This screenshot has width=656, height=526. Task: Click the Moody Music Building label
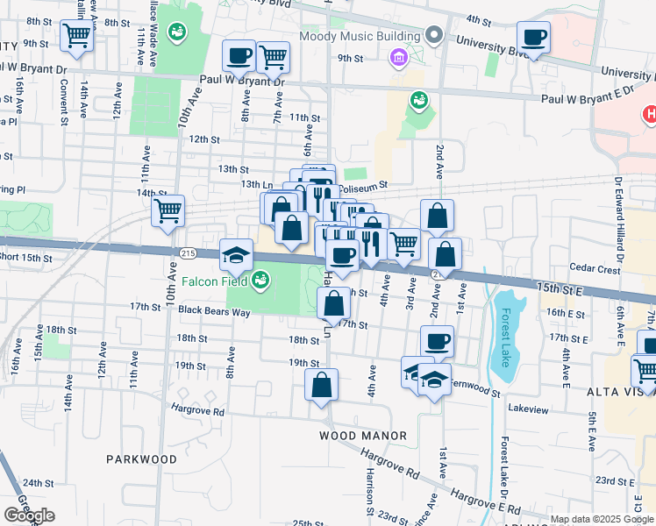pyautogui.click(x=360, y=36)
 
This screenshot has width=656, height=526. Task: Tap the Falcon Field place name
pyautogui.click(x=210, y=281)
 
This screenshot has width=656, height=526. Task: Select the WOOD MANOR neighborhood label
pyautogui.click(x=362, y=436)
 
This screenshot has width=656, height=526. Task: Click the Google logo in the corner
pyautogui.click(x=29, y=515)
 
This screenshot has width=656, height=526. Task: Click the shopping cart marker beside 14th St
pyautogui.click(x=168, y=210)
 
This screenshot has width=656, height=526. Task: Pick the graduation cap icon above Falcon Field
pyautogui.click(x=236, y=255)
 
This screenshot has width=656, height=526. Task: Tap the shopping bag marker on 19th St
pyautogui.click(x=321, y=384)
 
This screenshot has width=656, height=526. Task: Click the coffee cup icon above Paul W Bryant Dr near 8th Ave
pyautogui.click(x=239, y=56)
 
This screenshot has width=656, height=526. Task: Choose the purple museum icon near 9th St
pyautogui.click(x=399, y=58)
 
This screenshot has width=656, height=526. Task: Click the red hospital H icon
pyautogui.click(x=650, y=114)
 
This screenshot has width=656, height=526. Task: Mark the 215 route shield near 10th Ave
pyautogui.click(x=187, y=252)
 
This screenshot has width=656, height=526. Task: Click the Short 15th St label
pyautogui.click(x=25, y=257)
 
